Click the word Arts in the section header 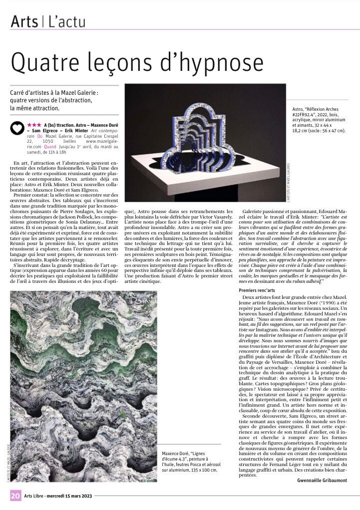tap(25, 21)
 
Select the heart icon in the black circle tap(17, 128)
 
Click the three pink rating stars tap(34, 125)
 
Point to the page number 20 tap(15, 495)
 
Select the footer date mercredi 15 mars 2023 tap(70, 496)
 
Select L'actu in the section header tap(67, 21)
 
